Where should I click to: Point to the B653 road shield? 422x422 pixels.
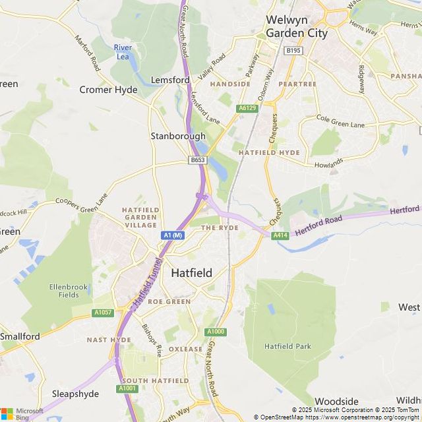197,160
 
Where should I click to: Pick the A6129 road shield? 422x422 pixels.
247,107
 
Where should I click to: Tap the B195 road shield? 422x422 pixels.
293,50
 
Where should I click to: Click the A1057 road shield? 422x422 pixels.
103,313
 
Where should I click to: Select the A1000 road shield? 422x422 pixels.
215,332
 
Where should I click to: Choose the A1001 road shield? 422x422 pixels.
127,389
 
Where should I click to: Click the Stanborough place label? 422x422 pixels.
174,136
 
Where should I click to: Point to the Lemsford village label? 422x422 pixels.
170,80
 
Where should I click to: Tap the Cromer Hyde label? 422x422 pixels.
108,90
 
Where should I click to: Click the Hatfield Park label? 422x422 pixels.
287,346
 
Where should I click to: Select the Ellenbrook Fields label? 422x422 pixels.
64,291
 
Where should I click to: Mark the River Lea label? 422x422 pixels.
123,51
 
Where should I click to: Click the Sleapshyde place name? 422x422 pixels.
75,394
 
